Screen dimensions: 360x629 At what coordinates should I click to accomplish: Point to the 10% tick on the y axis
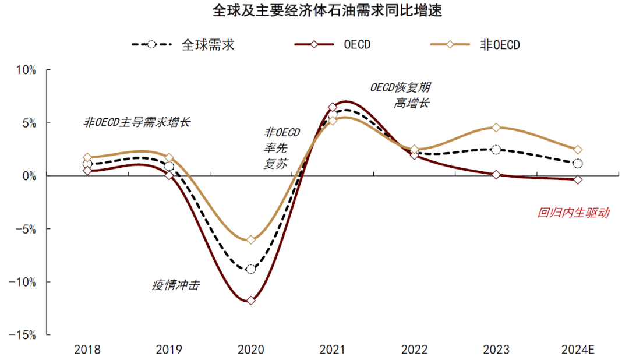click(26, 70)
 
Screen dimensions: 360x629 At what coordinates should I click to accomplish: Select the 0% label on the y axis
click(29, 176)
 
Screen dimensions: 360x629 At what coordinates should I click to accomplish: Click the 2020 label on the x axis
click(251, 350)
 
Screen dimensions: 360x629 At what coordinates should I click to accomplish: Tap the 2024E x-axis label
click(577, 350)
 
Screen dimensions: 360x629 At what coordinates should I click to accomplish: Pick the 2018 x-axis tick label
click(87, 350)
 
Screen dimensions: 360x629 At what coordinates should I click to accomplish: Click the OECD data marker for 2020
click(251, 301)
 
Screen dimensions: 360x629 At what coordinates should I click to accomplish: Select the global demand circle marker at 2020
click(251, 269)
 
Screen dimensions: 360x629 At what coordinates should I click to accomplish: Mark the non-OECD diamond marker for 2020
click(251, 239)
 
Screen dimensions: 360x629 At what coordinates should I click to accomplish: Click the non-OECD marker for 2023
click(496, 128)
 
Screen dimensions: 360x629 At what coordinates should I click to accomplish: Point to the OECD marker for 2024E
click(577, 179)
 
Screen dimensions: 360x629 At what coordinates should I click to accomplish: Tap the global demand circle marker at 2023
click(496, 150)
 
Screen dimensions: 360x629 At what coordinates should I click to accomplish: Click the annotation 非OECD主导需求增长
click(137, 122)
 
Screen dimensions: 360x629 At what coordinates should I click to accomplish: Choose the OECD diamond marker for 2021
click(333, 107)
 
